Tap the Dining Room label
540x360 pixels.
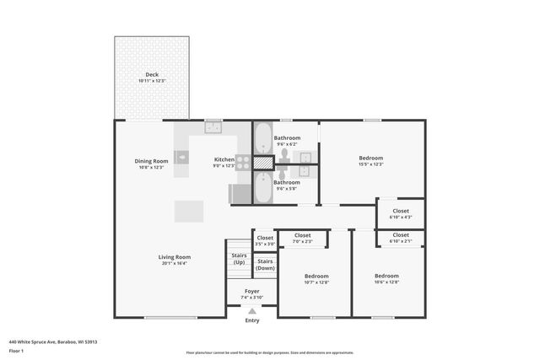pyautogui.click(x=151, y=164)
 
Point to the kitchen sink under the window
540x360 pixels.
pyautogui.click(x=213, y=128)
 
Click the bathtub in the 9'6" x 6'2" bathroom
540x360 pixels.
pyautogui.click(x=262, y=137)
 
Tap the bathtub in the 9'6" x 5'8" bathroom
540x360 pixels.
pyautogui.click(x=262, y=189)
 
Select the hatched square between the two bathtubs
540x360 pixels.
pyautogui.click(x=263, y=162)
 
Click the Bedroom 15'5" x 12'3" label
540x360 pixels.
pyautogui.click(x=371, y=161)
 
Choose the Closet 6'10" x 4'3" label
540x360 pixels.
pyautogui.click(x=400, y=213)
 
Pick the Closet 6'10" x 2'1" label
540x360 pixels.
pyautogui.click(x=400, y=238)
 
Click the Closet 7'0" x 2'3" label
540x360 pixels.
pyautogui.click(x=302, y=239)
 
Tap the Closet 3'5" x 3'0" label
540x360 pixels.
pyautogui.click(x=265, y=240)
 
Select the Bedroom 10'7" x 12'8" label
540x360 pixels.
pyautogui.click(x=316, y=278)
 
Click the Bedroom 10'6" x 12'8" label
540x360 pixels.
pyautogui.click(x=386, y=278)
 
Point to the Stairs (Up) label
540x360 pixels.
pyautogui.click(x=238, y=260)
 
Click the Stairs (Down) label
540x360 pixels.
pyautogui.click(x=265, y=264)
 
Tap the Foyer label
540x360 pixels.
pyautogui.click(x=252, y=294)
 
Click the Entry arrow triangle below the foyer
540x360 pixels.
pyautogui.click(x=252, y=312)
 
